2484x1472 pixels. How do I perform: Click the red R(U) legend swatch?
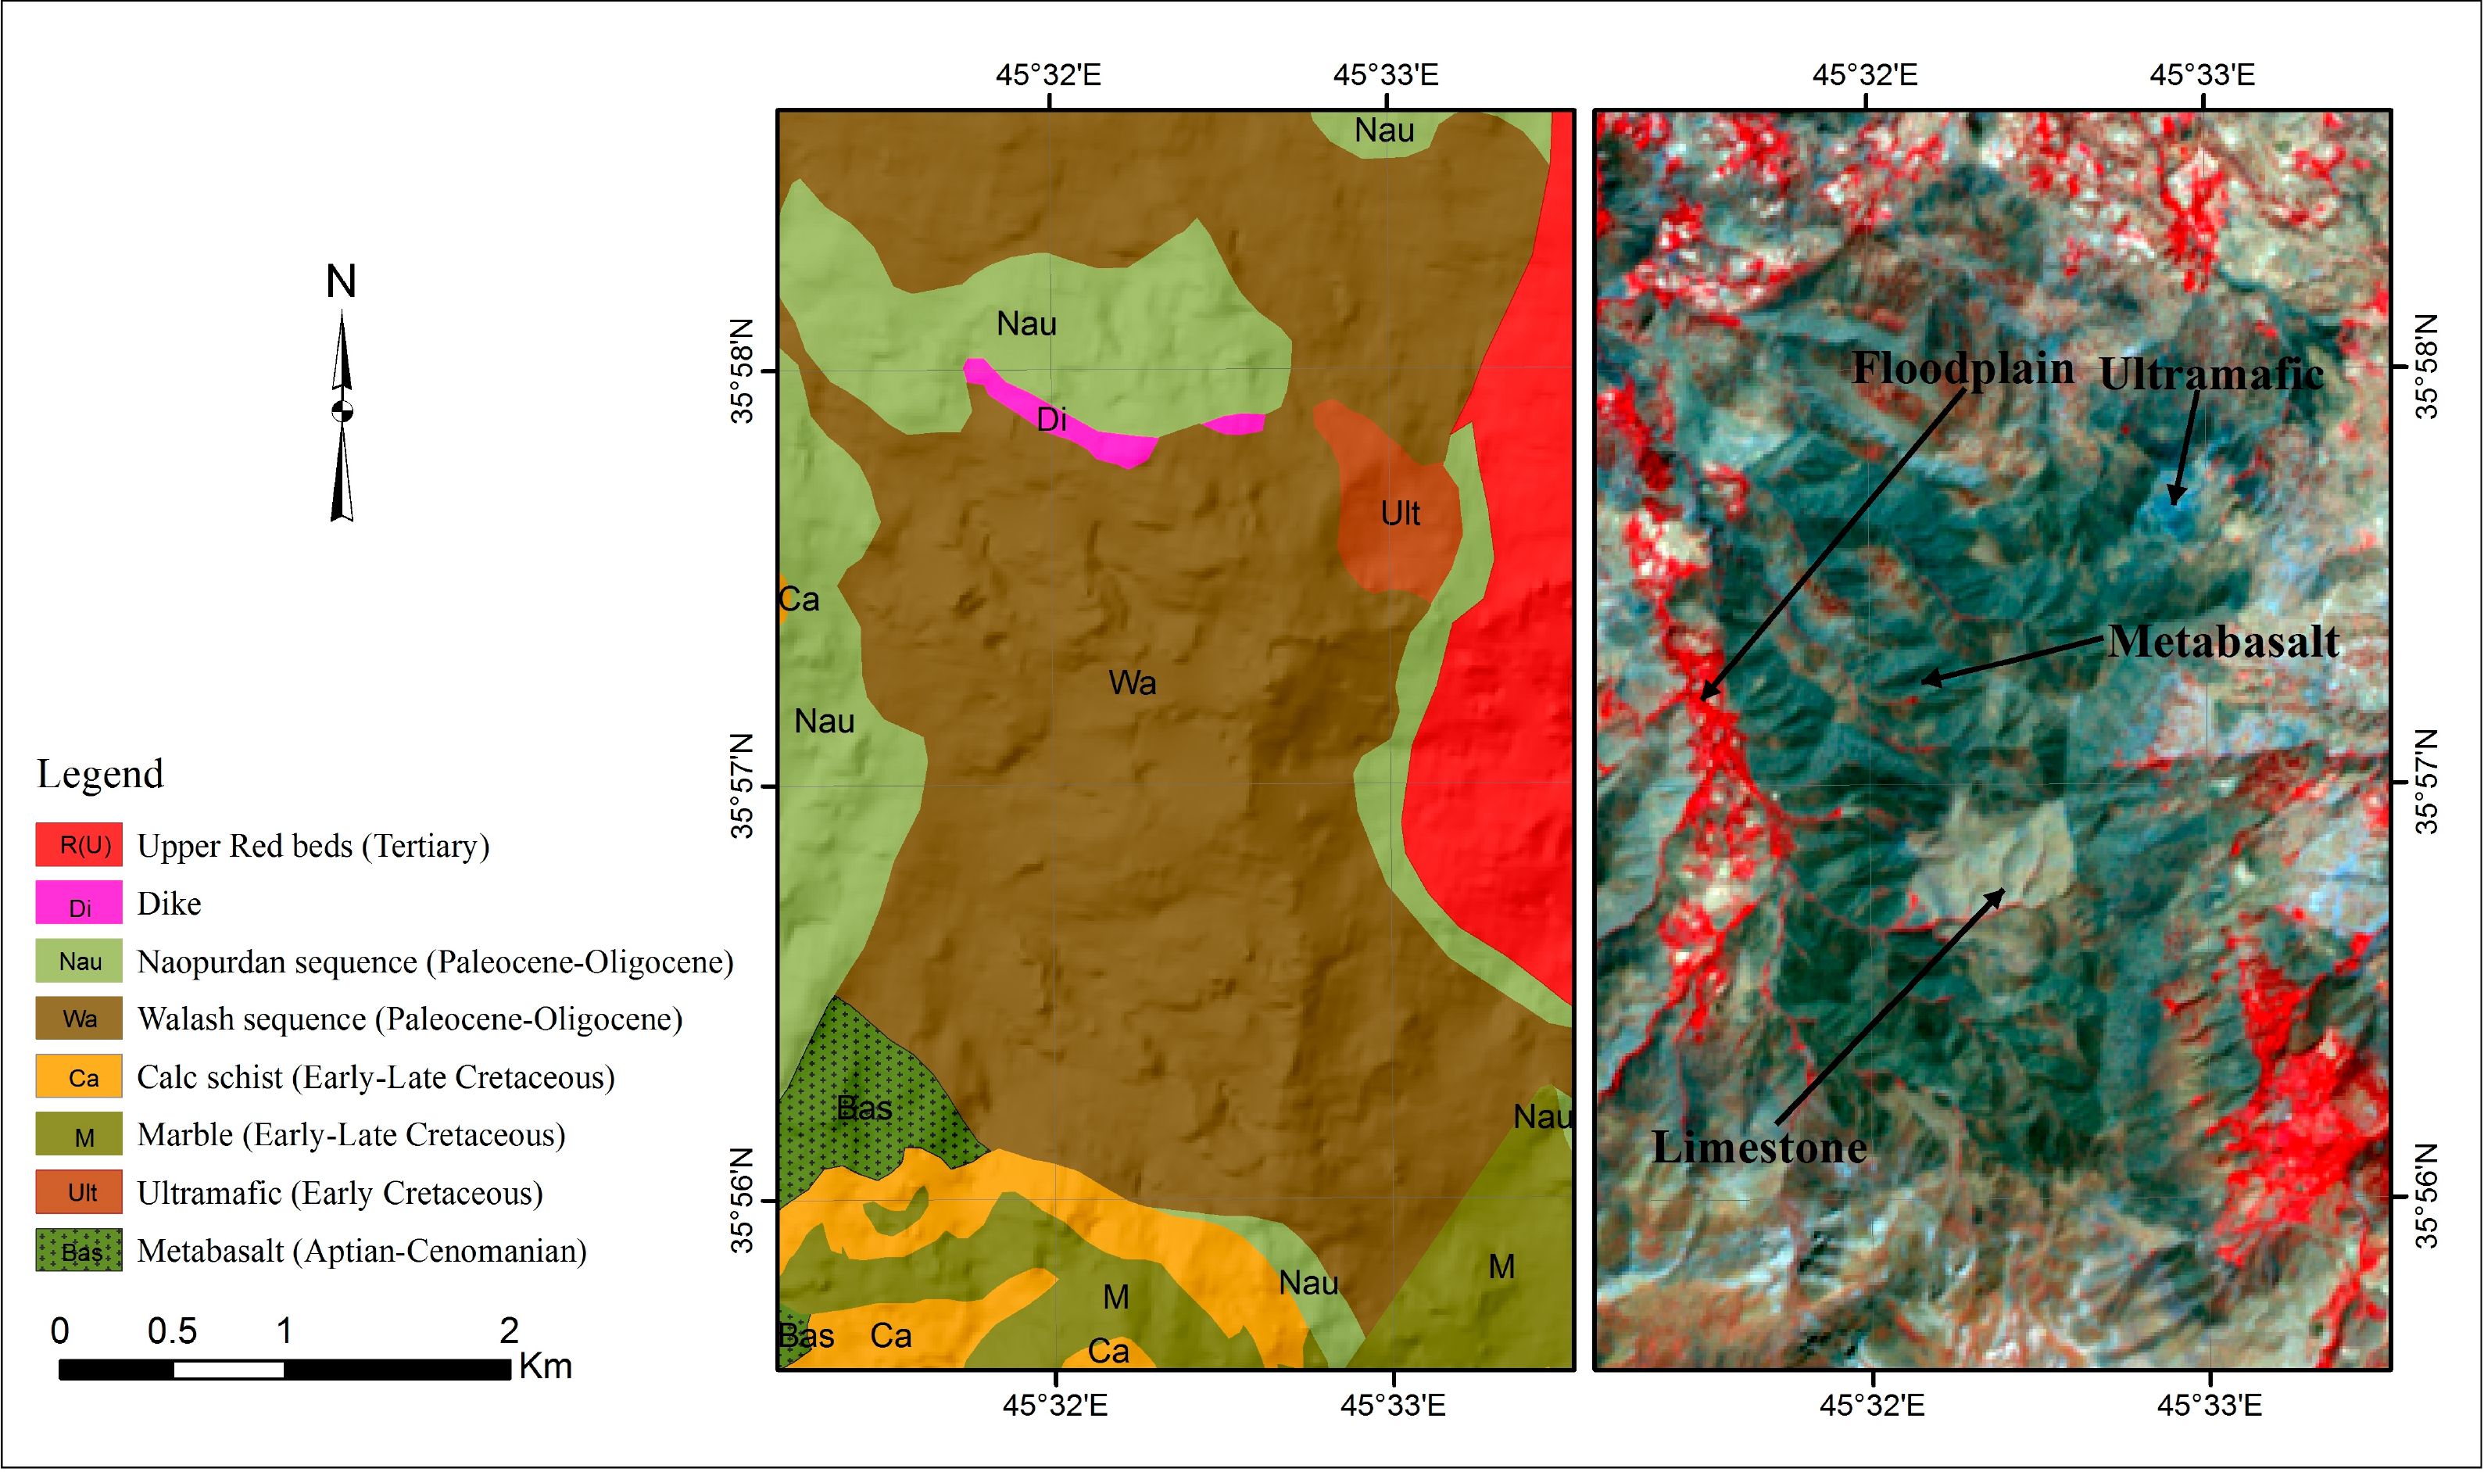coord(78,844)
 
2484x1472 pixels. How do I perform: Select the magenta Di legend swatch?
coord(78,903)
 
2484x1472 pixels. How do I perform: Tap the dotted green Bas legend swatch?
coord(78,1250)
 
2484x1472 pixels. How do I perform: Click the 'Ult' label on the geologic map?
coord(1399,514)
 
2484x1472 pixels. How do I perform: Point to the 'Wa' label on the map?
coord(1132,682)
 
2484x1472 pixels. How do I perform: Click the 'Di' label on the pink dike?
coord(1051,420)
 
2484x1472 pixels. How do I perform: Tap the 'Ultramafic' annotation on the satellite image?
coord(2210,374)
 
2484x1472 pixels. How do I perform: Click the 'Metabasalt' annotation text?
coord(2222,642)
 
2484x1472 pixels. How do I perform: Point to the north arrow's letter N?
coord(341,281)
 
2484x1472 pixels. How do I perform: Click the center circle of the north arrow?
coord(342,410)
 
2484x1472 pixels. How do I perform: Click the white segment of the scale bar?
coord(228,1370)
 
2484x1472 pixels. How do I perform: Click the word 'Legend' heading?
coord(100,774)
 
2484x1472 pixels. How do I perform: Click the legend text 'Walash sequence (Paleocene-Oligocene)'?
coord(410,1019)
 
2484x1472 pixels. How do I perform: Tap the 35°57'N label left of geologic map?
coord(742,786)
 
